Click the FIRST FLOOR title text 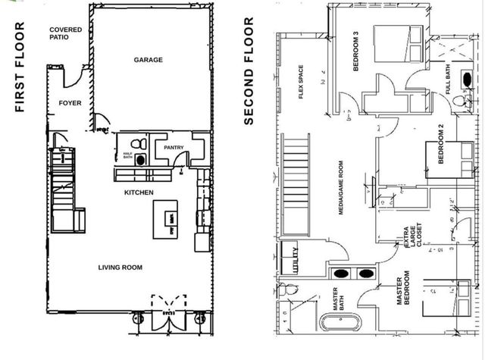(x=20, y=67)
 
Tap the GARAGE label (x=148, y=60)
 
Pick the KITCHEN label (x=139, y=193)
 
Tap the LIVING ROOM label (x=120, y=267)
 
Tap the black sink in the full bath (x=468, y=78)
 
